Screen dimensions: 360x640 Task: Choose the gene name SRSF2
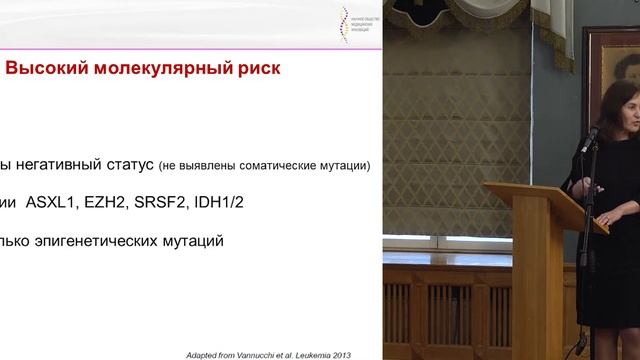click(166, 203)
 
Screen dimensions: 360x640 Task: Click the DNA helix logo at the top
click(346, 21)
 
